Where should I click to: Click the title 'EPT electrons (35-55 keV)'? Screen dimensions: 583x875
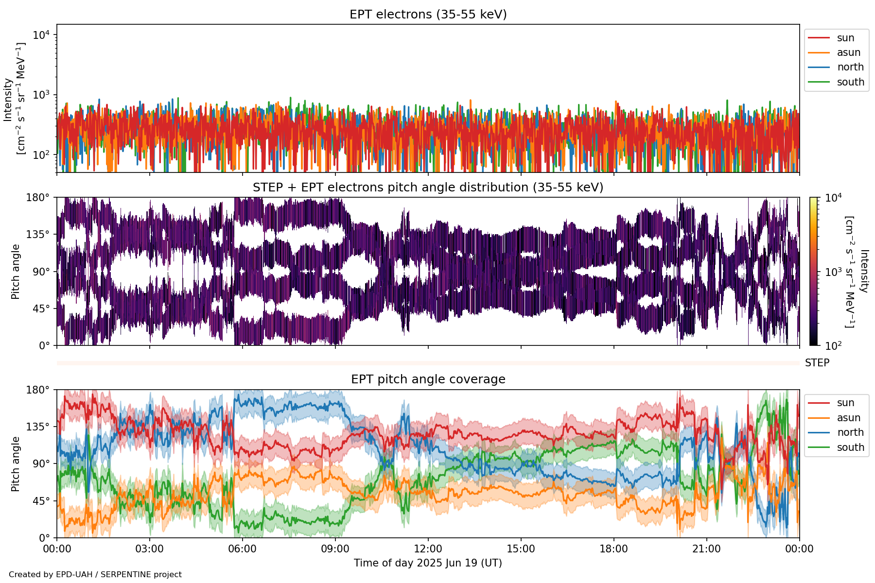tap(428, 15)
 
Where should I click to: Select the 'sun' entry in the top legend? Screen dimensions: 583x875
tap(845, 38)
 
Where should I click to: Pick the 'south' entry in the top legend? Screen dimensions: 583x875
tap(850, 82)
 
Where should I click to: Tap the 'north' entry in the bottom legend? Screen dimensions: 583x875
tap(850, 432)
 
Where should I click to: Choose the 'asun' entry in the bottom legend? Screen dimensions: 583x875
tap(848, 418)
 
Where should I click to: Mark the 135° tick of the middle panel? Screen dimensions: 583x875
tap(38, 235)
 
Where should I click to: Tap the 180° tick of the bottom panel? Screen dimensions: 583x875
tap(38, 390)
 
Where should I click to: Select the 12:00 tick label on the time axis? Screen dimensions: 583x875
tap(428, 549)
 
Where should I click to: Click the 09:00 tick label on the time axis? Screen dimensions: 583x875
tap(335, 549)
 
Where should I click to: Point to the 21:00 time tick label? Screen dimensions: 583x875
tap(706, 549)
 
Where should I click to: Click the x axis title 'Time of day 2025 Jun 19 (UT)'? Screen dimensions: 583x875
tap(428, 563)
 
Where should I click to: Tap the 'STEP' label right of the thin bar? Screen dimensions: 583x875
tap(817, 363)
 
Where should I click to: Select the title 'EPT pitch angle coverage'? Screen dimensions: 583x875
tap(428, 379)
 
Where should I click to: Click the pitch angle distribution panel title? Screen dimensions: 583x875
tap(428, 188)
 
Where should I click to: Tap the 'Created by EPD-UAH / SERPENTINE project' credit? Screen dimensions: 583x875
tap(95, 575)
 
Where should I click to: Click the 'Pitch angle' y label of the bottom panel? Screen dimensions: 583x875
tap(16, 464)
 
